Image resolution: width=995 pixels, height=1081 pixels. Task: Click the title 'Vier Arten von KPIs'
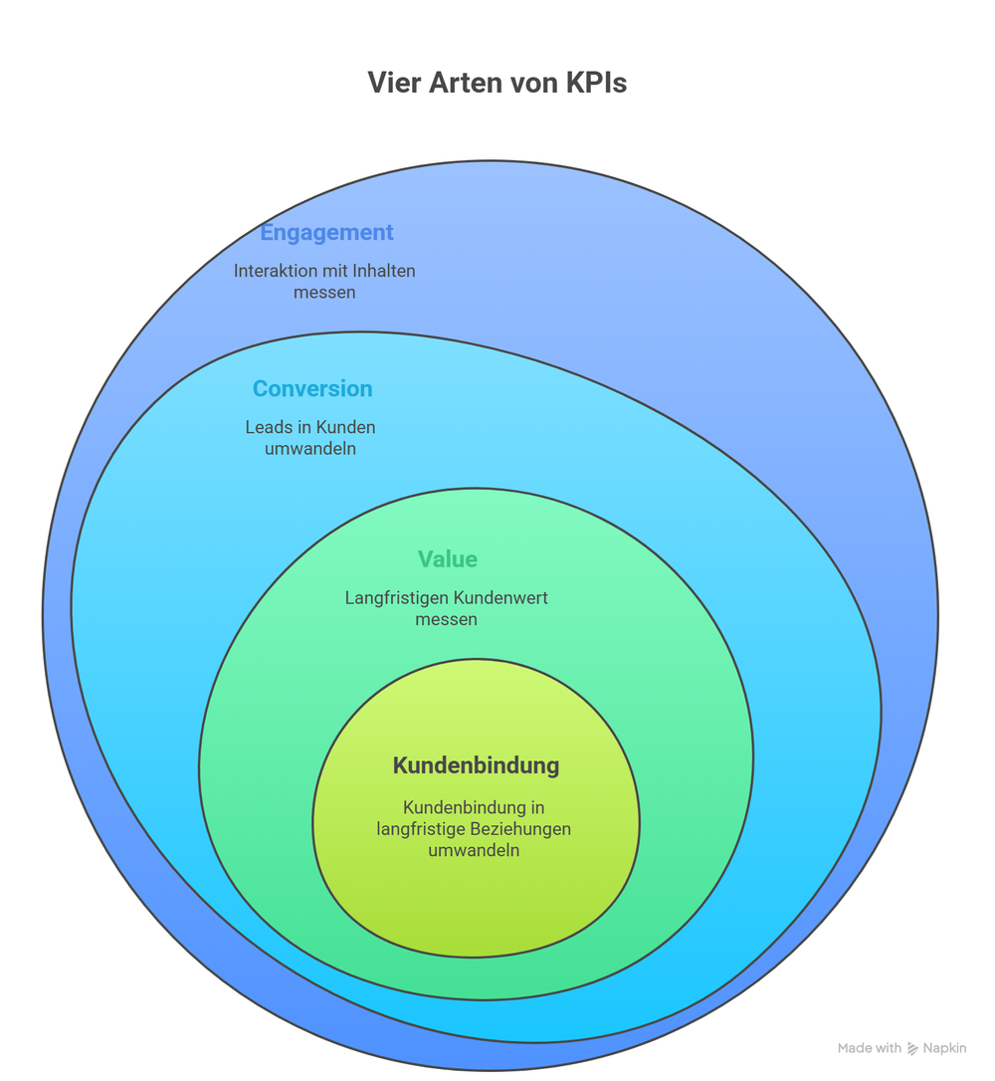(x=497, y=83)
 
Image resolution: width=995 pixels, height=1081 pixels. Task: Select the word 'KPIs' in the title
(x=595, y=83)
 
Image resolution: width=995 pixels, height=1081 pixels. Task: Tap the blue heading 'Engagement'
(x=326, y=233)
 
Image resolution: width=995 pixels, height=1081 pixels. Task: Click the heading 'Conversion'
(x=312, y=389)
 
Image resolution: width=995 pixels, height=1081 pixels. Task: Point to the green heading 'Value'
(x=448, y=559)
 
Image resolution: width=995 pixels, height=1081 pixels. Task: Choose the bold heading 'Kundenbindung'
(x=476, y=765)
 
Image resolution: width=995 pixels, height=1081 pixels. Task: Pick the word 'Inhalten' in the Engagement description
(x=383, y=271)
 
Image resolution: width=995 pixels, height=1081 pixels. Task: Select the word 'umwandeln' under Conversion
(x=310, y=449)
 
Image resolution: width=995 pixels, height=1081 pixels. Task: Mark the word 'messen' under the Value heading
(x=447, y=619)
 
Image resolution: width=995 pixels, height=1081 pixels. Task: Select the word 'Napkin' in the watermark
(x=944, y=1048)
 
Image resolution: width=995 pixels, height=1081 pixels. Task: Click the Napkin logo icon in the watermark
(x=912, y=1048)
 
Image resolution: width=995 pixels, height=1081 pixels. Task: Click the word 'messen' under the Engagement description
(x=324, y=293)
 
